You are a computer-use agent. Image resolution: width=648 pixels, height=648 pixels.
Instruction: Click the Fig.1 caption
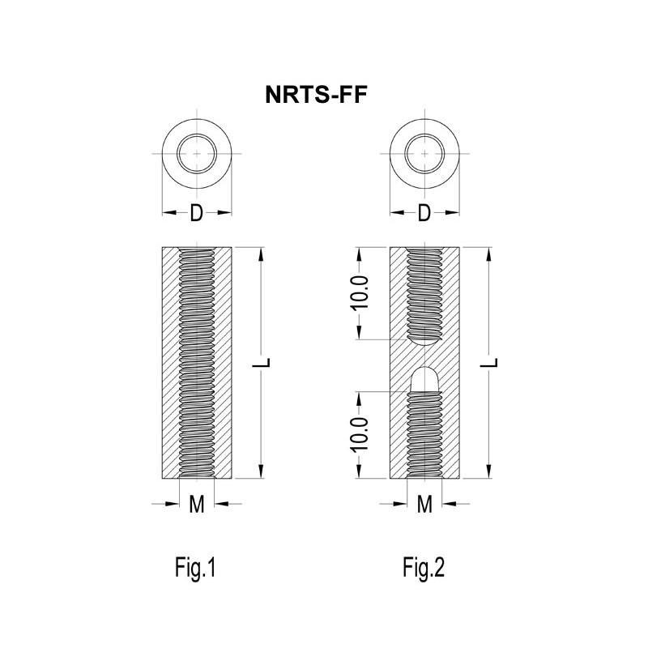(x=196, y=567)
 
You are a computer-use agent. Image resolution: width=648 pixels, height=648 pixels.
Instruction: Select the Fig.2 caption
(x=424, y=567)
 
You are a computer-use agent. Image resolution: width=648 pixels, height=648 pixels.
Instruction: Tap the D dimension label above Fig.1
(x=197, y=214)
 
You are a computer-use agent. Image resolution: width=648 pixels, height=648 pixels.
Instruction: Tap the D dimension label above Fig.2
(x=424, y=214)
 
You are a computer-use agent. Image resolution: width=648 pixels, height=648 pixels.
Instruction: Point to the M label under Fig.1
(x=197, y=504)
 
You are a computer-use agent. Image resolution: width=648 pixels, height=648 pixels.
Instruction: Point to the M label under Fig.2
(x=424, y=504)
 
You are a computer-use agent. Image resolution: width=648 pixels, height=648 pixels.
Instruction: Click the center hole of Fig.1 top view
(x=197, y=152)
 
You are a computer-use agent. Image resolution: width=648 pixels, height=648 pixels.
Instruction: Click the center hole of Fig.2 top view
(x=424, y=152)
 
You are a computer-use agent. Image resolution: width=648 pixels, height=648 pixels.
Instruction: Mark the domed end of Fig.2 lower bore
(x=424, y=377)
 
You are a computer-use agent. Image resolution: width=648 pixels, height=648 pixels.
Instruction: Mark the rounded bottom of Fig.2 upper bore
(x=424, y=340)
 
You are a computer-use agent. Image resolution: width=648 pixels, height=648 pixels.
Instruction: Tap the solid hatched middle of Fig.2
(x=424, y=356)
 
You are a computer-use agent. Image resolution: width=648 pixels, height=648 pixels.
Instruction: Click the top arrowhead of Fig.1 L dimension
(x=261, y=254)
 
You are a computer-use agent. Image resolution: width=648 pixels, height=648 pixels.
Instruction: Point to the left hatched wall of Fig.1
(x=170, y=363)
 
